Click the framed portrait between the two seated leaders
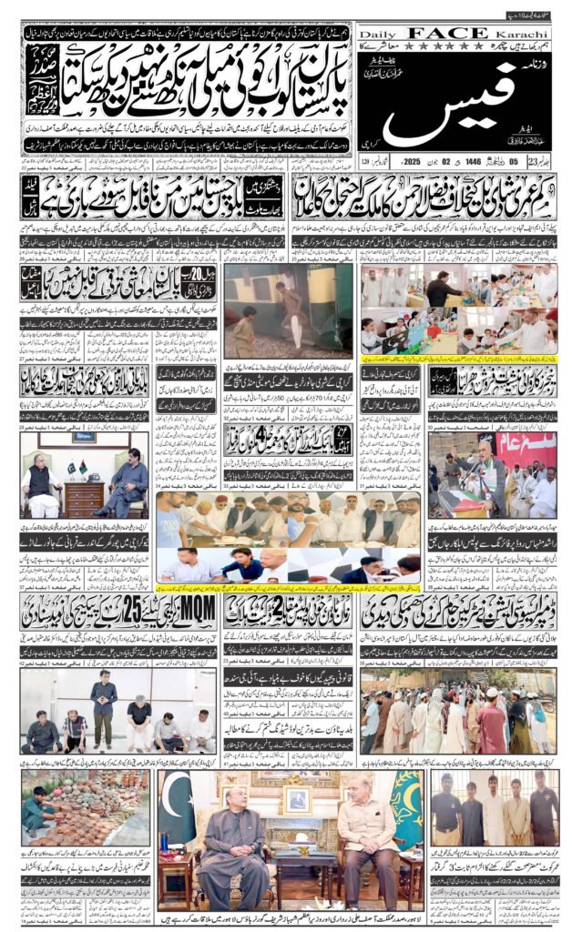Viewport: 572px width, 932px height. pos(294,799)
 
